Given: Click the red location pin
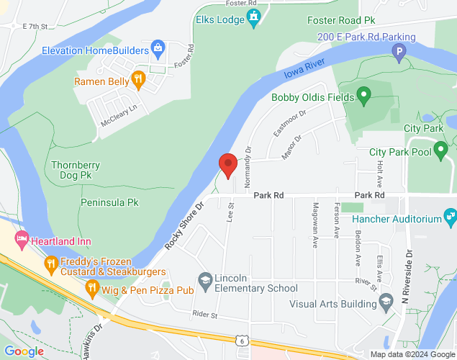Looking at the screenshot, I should [x=228, y=165].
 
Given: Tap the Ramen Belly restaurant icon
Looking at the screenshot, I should [x=139, y=78].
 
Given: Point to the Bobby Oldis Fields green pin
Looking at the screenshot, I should [x=364, y=94].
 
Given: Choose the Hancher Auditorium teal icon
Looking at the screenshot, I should [x=451, y=215].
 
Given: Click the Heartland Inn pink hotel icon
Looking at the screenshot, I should [x=21, y=238].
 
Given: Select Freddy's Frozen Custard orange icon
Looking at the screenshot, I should [x=50, y=264].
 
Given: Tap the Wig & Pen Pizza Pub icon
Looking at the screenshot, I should [x=93, y=289].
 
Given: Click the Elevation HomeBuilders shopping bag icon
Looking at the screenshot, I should [x=158, y=49].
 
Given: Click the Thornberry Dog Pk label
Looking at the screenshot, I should [x=71, y=170].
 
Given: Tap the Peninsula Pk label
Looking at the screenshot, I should [x=109, y=202].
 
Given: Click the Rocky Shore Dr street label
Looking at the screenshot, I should [x=185, y=225].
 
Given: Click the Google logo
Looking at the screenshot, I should [x=24, y=351].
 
